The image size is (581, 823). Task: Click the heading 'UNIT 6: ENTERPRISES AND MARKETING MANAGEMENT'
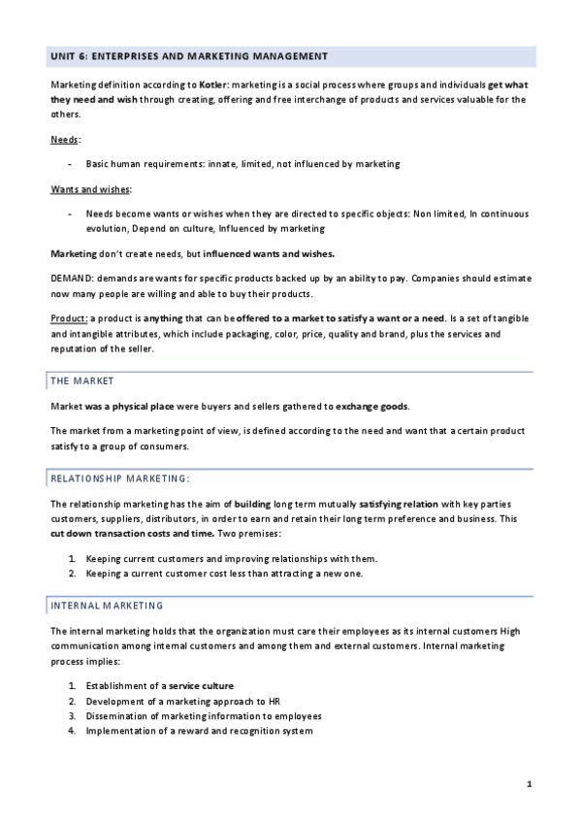point(189,56)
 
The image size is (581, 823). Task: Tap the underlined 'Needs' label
point(66,140)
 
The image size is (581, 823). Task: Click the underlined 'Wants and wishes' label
point(91,188)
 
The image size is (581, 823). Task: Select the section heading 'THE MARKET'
point(81,380)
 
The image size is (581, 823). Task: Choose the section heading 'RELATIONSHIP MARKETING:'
point(119,478)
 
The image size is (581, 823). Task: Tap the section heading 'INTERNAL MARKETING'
point(107,606)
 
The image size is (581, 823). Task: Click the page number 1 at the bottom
point(529,783)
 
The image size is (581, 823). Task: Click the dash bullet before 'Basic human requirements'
point(70,164)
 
